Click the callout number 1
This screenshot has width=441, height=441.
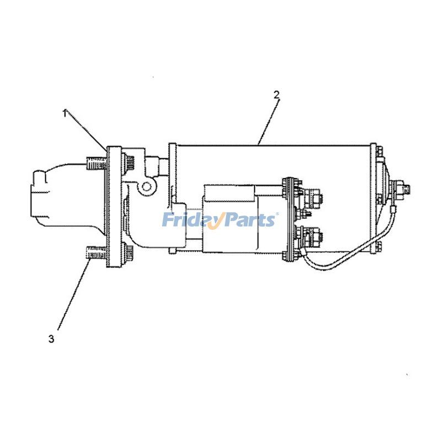pos(64,113)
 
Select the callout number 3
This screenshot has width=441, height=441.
pos(51,339)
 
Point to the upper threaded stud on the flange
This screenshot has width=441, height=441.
pos(95,164)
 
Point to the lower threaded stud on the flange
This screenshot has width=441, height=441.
pos(95,254)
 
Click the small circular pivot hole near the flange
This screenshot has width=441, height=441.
pos(146,186)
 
